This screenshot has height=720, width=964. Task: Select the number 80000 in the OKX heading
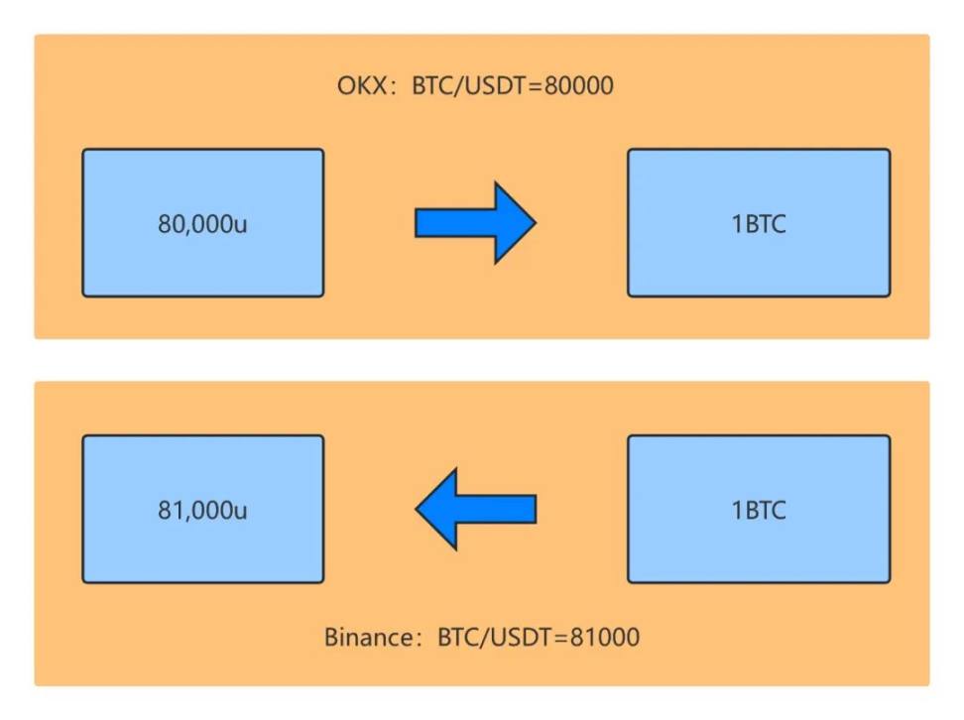tap(578, 85)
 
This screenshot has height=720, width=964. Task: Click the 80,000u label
tap(202, 224)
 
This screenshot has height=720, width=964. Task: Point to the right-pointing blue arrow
tap(475, 222)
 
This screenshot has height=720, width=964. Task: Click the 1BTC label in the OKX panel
tap(759, 224)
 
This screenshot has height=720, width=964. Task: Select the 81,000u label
tap(202, 510)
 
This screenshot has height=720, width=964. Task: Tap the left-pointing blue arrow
tap(475, 509)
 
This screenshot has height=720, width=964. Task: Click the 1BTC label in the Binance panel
tap(759, 510)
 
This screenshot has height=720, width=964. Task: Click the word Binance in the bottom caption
tap(369, 637)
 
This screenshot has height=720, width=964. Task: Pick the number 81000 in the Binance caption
tap(605, 637)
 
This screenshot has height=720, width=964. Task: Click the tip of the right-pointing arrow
tap(537, 222)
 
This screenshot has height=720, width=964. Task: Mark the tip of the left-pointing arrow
tap(416, 509)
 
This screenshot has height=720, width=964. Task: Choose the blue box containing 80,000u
tap(203, 222)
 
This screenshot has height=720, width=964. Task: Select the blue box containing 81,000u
tap(203, 509)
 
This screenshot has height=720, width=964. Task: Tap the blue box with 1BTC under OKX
tap(759, 222)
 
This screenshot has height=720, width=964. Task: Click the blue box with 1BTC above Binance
tap(759, 509)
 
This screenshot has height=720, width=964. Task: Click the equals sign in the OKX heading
tap(536, 86)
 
